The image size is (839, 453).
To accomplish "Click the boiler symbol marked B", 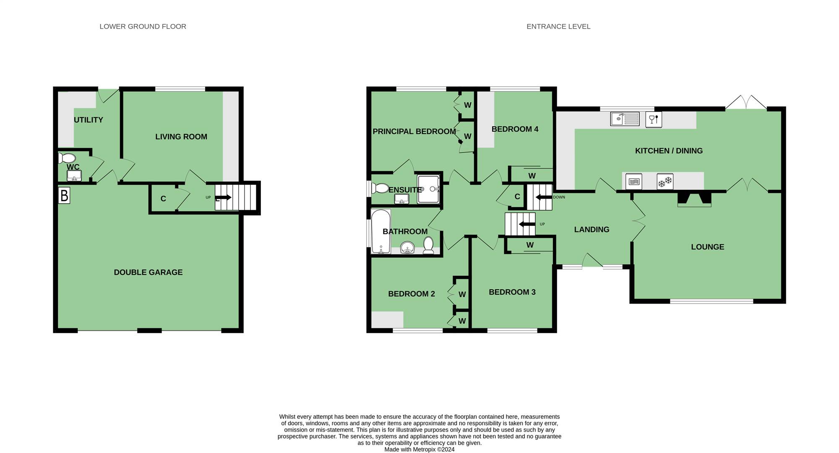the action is (x=64, y=196).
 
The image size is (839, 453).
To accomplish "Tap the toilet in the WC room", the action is (x=67, y=158).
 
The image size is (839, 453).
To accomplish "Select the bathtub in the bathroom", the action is (x=381, y=231).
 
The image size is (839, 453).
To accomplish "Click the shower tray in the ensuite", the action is (x=427, y=189).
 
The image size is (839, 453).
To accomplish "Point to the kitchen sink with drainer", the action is (x=625, y=119).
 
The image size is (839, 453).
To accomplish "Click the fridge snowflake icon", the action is (x=665, y=182).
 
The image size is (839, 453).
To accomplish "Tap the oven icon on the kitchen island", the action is (x=634, y=182).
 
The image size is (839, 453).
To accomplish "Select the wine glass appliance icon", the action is (x=654, y=120).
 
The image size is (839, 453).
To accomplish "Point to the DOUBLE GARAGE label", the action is (x=148, y=272).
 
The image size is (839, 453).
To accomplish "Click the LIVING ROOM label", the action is (x=181, y=136).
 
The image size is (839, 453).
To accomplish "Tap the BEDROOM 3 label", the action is (x=512, y=292).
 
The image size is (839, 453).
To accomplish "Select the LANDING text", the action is (x=591, y=229).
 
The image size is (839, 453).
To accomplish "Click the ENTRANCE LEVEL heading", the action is (x=558, y=26).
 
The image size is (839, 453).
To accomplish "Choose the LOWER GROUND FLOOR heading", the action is (x=143, y=26).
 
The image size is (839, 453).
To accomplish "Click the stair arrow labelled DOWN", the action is (x=544, y=197).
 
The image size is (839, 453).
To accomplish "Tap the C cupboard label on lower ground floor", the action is (x=163, y=199).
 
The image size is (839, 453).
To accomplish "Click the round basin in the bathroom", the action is (x=407, y=248).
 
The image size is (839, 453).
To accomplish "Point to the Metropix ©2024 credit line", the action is (x=419, y=449).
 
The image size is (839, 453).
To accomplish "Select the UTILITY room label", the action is (x=88, y=120).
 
